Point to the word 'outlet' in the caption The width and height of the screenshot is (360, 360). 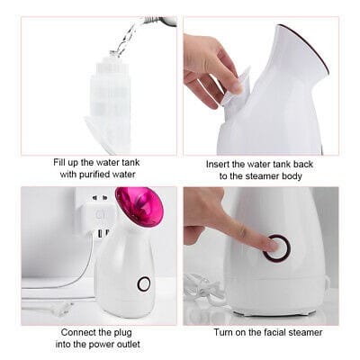(129, 344)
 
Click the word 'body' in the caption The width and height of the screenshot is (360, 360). (292, 176)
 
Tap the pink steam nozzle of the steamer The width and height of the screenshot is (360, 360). (139, 207)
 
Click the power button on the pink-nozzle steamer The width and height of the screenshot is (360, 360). (144, 283)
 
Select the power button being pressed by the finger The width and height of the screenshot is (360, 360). (277, 247)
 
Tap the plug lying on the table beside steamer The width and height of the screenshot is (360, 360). (62, 309)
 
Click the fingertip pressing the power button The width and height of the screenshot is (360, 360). (272, 245)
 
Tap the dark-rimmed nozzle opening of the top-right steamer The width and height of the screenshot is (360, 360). (304, 48)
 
